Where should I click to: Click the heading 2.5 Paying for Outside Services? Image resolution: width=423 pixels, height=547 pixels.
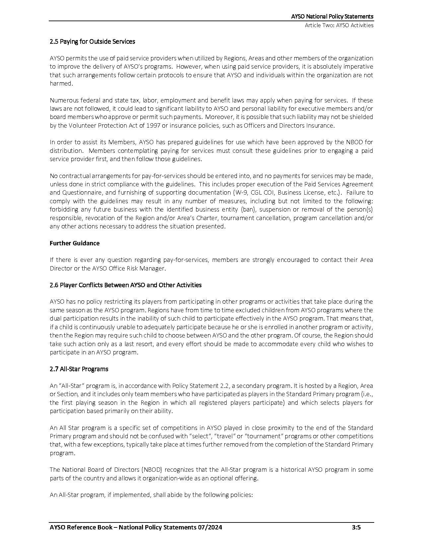pos(92,41)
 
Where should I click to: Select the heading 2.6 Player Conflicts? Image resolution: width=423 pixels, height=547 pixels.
pos(125,285)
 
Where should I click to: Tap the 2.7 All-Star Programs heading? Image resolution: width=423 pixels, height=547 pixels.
pos(79,369)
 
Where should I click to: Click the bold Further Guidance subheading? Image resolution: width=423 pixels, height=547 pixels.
pos(74,243)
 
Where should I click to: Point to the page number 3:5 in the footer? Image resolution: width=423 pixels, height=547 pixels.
pos(356,527)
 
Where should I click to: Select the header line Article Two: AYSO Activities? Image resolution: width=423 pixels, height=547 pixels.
pos(339,25)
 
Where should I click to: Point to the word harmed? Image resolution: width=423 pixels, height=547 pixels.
pos(60,83)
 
